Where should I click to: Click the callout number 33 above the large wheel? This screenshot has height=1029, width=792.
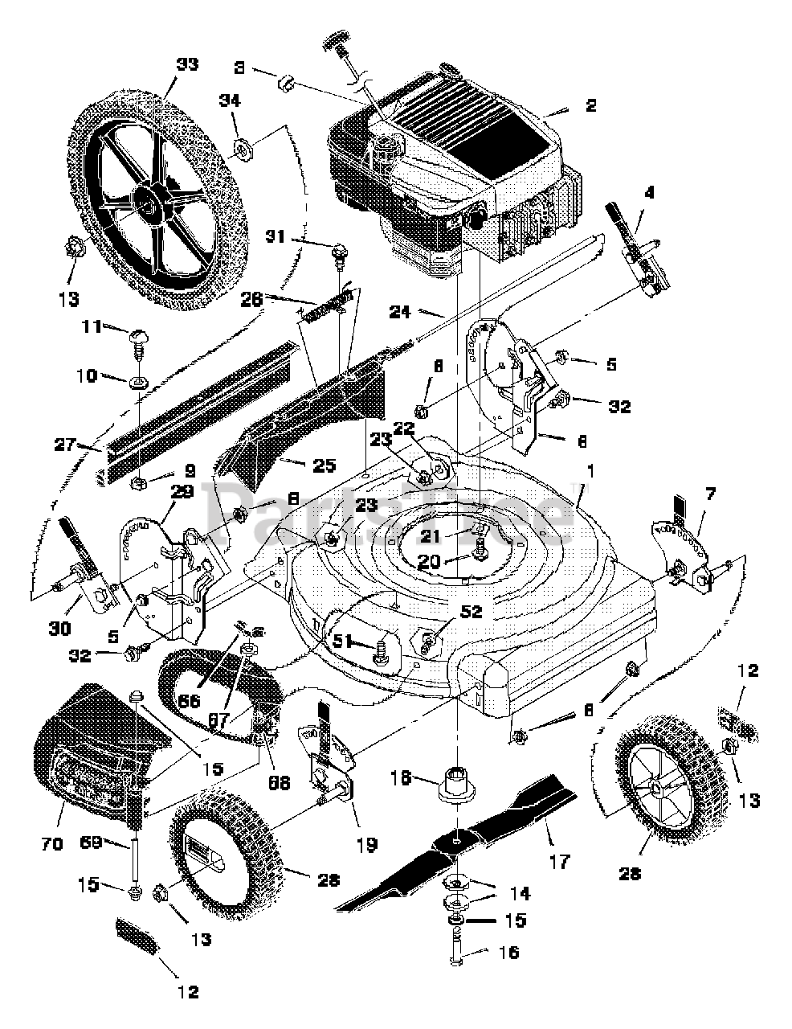pyautogui.click(x=187, y=64)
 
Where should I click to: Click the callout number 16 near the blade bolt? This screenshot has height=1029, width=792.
pyautogui.click(x=508, y=953)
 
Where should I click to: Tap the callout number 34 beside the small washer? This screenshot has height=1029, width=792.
pyautogui.click(x=230, y=99)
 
